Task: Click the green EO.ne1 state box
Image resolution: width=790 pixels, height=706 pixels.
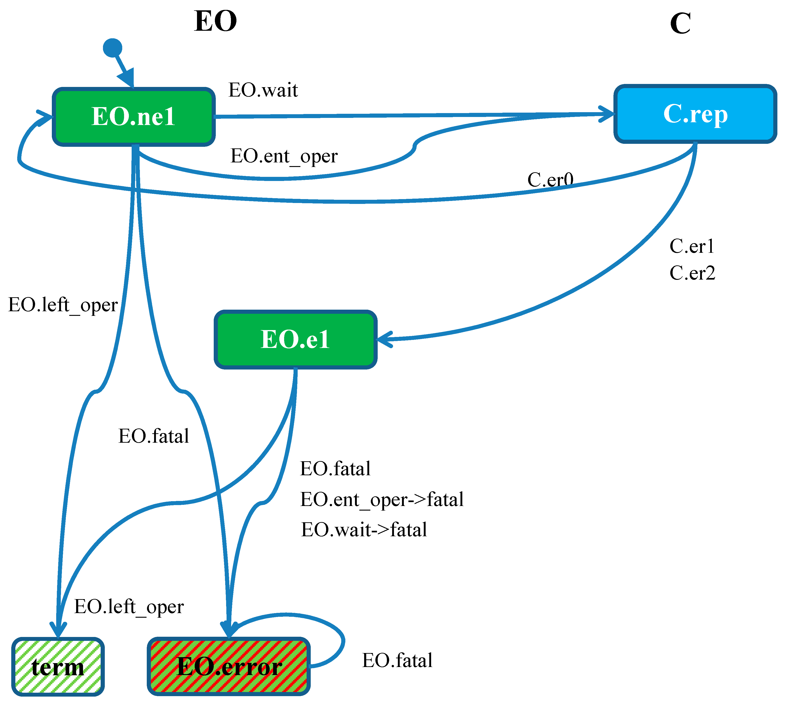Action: coord(134,117)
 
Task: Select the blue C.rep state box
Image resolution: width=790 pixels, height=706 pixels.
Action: coord(695,114)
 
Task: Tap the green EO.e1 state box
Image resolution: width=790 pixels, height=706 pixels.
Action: coord(296,339)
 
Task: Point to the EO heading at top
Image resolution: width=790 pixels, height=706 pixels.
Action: coord(216,21)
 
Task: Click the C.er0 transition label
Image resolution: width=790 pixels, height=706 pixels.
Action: coord(550,180)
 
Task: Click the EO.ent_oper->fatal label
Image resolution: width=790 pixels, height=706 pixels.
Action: coord(382,499)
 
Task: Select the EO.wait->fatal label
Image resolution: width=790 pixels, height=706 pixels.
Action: coord(364,529)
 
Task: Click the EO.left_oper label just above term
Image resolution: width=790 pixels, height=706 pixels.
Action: coord(129,606)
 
